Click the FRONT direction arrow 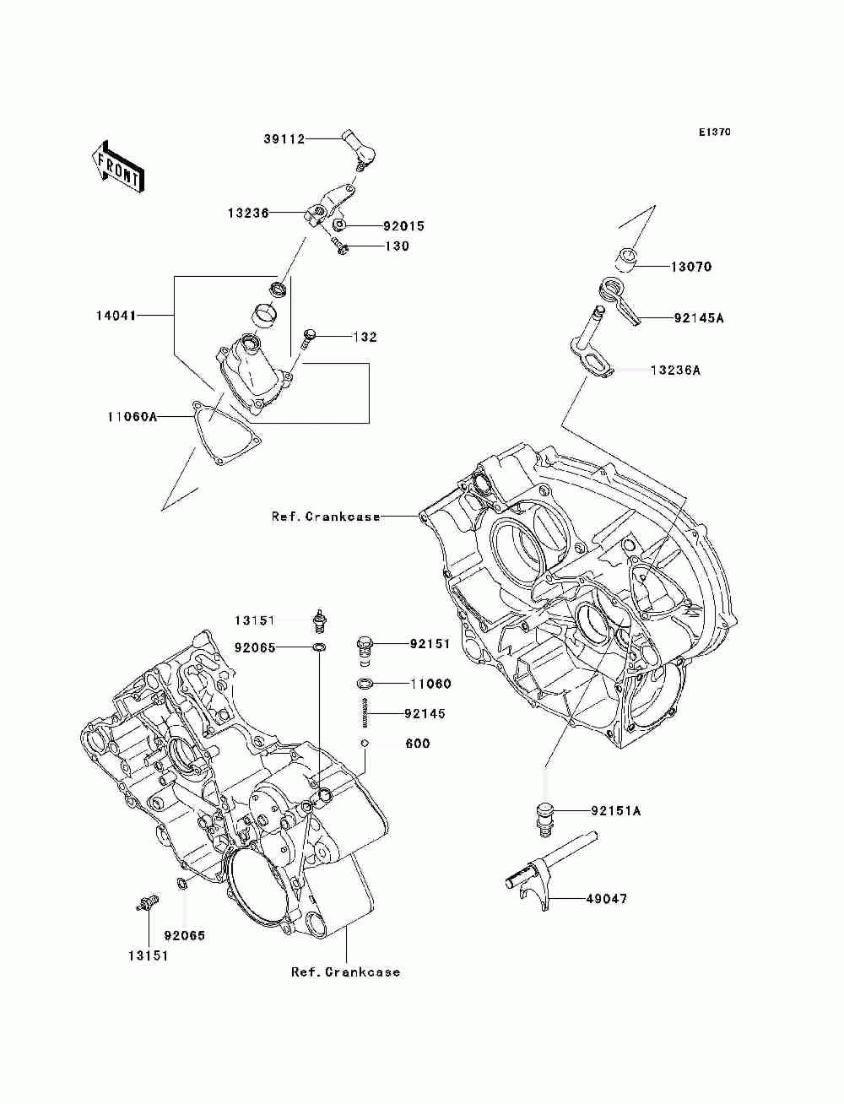click(x=118, y=167)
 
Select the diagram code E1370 click(x=714, y=133)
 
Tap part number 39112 click(x=284, y=138)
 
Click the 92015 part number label click(x=403, y=226)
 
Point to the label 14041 click(x=116, y=316)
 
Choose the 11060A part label click(x=133, y=416)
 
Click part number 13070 click(x=691, y=267)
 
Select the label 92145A click(x=699, y=318)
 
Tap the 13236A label click(x=675, y=371)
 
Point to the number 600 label click(x=418, y=744)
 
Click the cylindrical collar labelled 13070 click(x=627, y=259)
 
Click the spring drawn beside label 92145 click(x=365, y=712)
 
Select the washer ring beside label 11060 click(x=365, y=684)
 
